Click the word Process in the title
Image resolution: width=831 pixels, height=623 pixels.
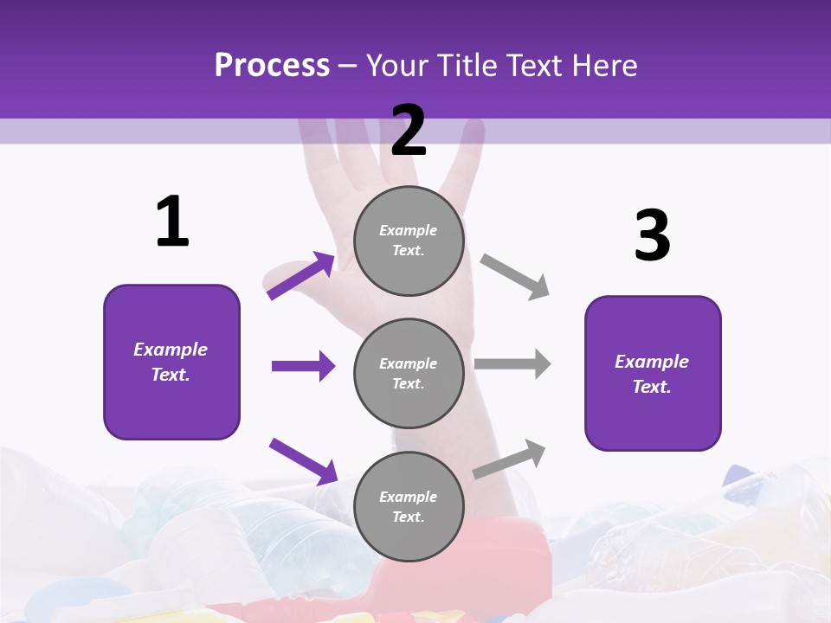[x=272, y=66]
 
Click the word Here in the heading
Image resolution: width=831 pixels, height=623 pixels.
[x=602, y=66]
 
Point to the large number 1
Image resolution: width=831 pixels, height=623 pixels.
[x=172, y=222]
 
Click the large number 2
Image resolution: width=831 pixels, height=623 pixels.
[x=409, y=131]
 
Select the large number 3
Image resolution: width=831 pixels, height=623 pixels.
[x=652, y=236]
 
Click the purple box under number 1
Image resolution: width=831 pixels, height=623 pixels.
[x=171, y=362]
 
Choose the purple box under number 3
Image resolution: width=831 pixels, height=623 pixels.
[x=653, y=373]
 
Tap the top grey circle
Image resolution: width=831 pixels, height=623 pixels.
[x=409, y=241]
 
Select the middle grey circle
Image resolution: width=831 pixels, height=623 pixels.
[x=409, y=373]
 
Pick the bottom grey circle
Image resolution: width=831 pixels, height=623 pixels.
[x=409, y=506]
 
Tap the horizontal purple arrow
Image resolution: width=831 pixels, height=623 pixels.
[x=303, y=366]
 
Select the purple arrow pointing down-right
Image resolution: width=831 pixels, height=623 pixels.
[x=303, y=460]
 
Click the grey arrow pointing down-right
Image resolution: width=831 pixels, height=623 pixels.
[x=515, y=277]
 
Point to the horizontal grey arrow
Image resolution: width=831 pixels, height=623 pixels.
[x=512, y=364]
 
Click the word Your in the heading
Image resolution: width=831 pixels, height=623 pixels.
[x=395, y=66]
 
